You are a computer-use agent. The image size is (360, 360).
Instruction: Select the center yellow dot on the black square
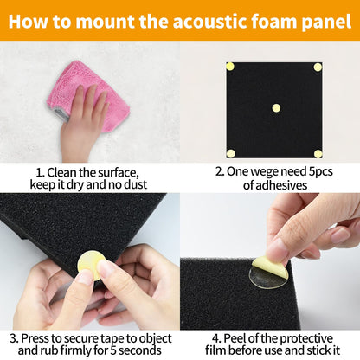276,108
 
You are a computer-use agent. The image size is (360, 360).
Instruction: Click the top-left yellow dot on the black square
230,66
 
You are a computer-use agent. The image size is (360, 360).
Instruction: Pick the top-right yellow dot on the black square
318,67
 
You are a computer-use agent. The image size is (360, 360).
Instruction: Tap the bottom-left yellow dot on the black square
230,153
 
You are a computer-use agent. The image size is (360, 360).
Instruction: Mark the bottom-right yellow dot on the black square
318,153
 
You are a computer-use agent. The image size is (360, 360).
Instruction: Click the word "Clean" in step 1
62,171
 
